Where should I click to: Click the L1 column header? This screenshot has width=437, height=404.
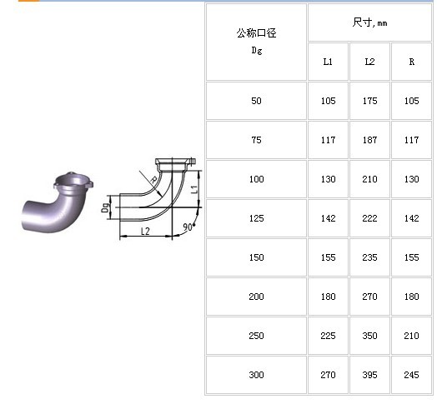[x=328, y=62]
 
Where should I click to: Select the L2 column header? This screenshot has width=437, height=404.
[x=369, y=62]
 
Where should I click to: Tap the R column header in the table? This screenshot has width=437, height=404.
[x=412, y=62]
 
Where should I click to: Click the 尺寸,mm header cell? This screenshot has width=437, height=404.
[x=369, y=22]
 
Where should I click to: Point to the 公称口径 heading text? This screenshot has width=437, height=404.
[x=256, y=33]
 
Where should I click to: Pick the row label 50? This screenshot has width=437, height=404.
[x=256, y=101]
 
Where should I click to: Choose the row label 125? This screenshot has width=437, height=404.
[x=256, y=218]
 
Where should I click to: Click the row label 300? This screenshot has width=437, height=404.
[x=256, y=375]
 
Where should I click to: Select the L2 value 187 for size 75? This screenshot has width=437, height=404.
[x=369, y=140]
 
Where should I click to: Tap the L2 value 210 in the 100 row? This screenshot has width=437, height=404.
[x=369, y=179]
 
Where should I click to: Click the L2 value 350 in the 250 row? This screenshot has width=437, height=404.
[x=369, y=336]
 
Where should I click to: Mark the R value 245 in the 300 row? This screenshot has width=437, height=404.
[x=411, y=375]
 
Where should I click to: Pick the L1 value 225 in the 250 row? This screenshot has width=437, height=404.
[x=328, y=336]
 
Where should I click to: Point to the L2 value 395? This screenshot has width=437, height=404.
[x=369, y=375]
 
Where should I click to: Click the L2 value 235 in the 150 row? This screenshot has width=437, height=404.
[x=369, y=257]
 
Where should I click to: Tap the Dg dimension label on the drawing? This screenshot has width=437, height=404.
[x=105, y=207]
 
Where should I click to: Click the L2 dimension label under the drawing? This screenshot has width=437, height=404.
[x=145, y=231]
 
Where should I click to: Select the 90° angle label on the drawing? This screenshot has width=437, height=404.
[x=188, y=227]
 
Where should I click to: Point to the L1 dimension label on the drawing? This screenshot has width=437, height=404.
[x=194, y=189]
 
